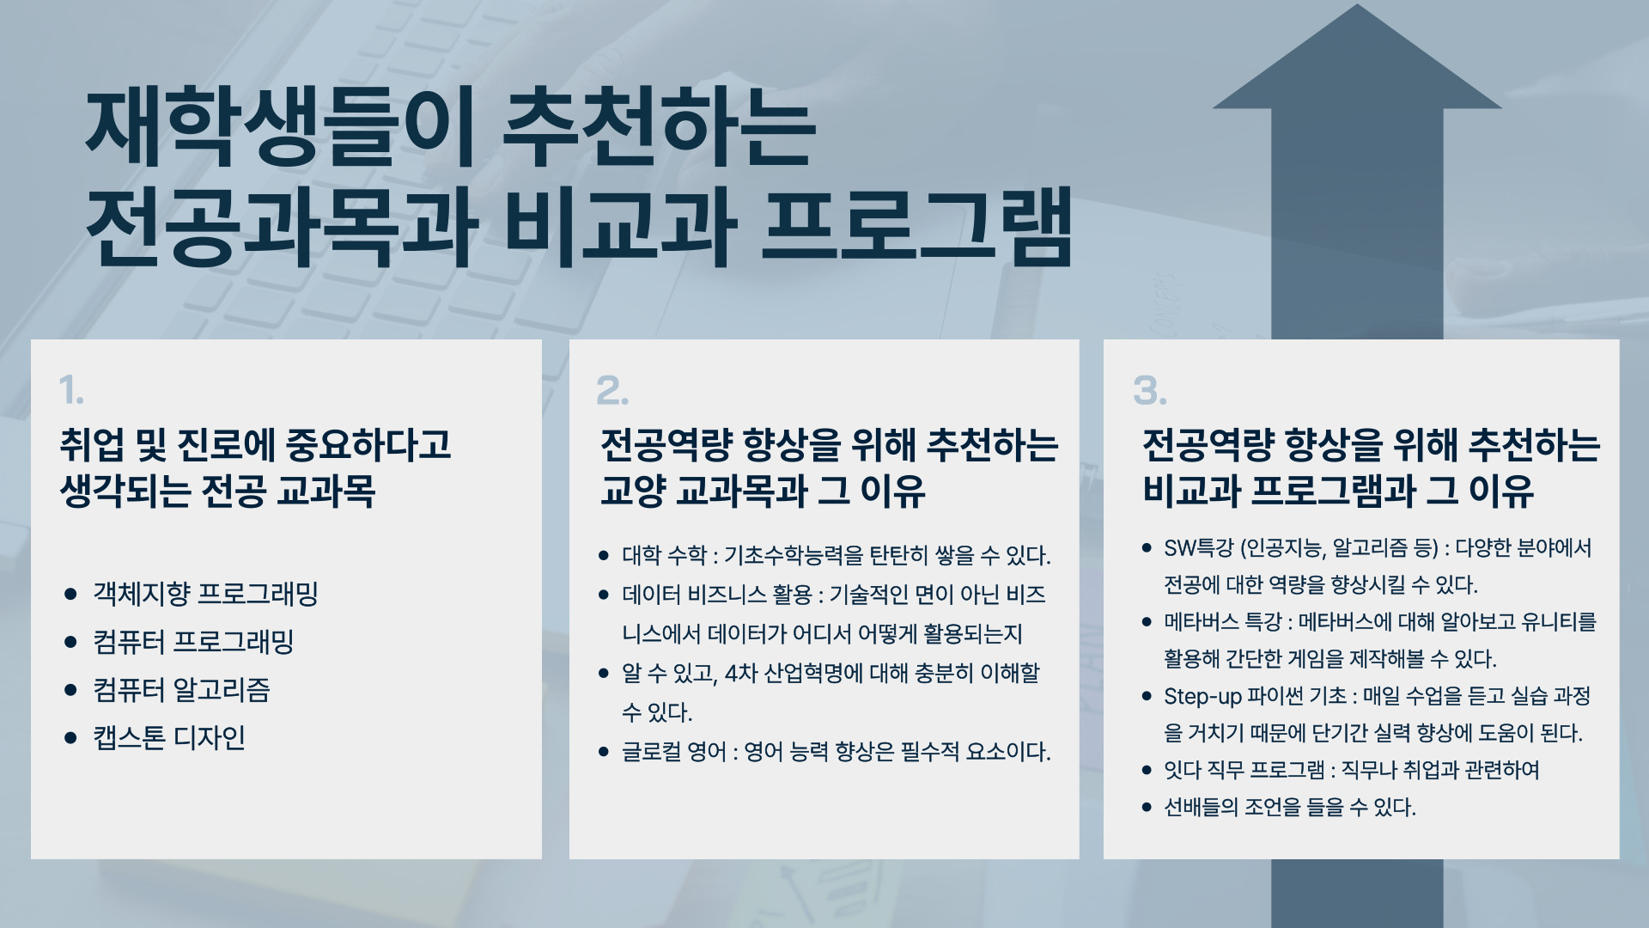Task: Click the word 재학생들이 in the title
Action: pyautogui.click(x=280, y=128)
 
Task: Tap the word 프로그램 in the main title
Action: pyautogui.click(x=916, y=226)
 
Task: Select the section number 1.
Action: pyautogui.click(x=72, y=391)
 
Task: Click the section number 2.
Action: pyautogui.click(x=612, y=391)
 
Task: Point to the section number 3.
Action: pyautogui.click(x=1150, y=391)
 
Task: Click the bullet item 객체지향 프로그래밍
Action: pyautogui.click(x=206, y=594)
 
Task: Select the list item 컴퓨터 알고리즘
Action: pyautogui.click(x=182, y=690)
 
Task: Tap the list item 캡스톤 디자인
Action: pyautogui.click(x=169, y=738)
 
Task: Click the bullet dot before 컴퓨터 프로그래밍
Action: pyautogui.click(x=71, y=642)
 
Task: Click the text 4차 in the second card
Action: pyautogui.click(x=741, y=673)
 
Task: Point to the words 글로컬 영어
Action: pyautogui.click(x=674, y=752)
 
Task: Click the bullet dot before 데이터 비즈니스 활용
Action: pyautogui.click(x=604, y=595)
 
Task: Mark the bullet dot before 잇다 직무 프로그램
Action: pyautogui.click(x=1147, y=771)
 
